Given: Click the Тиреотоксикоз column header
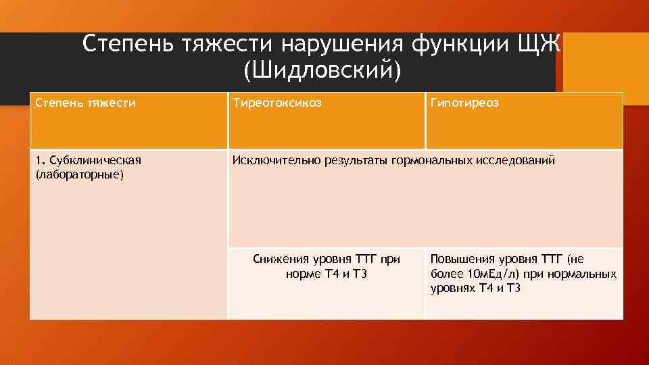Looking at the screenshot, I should (277, 103).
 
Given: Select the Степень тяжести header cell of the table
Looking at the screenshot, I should (86, 103).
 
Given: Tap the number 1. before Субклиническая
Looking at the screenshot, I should (40, 160).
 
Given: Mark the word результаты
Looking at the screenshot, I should (350, 160).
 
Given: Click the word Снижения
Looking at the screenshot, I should (279, 259).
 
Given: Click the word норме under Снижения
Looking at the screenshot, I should (304, 274).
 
